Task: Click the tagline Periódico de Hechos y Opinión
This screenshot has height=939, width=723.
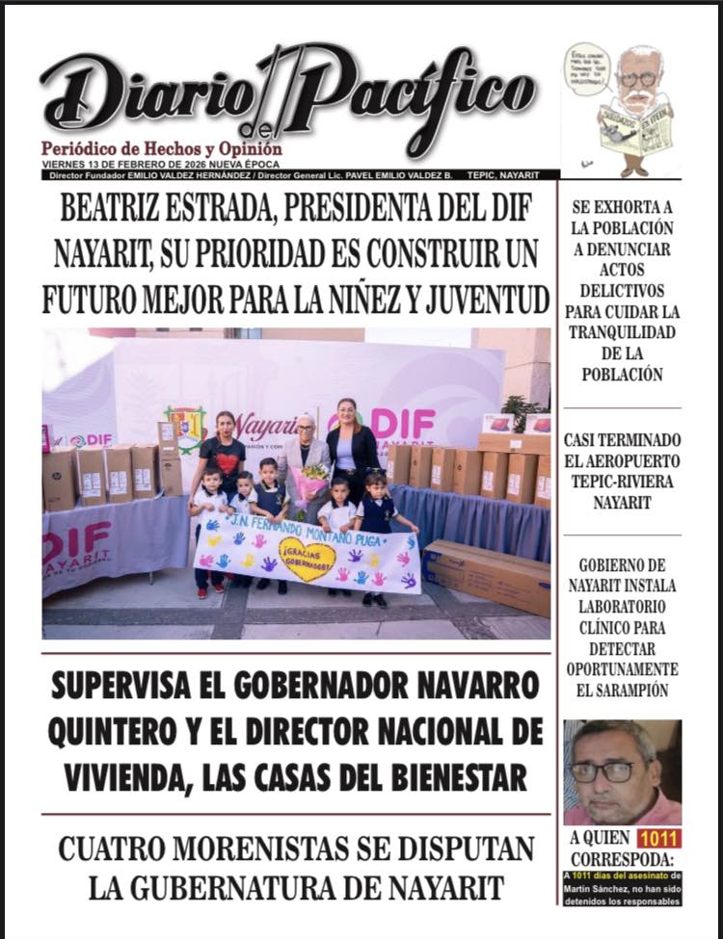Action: tap(161, 149)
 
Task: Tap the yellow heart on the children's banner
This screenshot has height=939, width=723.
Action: tap(308, 559)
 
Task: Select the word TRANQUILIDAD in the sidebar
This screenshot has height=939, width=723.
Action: tap(622, 332)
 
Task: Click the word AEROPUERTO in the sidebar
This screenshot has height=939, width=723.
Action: tap(622, 461)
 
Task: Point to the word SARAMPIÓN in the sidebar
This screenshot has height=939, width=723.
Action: tap(622, 690)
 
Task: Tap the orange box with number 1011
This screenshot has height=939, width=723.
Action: tap(658, 838)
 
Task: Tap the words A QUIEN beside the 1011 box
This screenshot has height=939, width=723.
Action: tap(599, 838)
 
